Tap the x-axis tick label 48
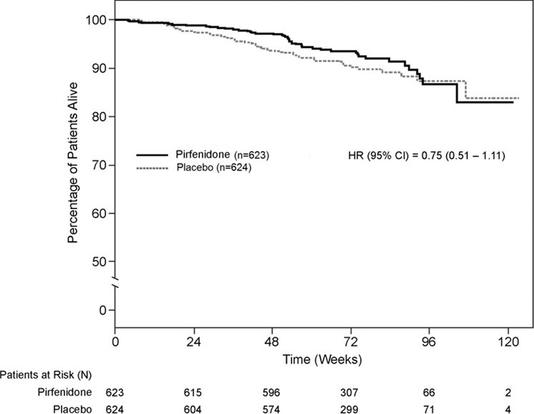click(x=271, y=342)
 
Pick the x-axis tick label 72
click(x=351, y=342)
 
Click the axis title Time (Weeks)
click(x=311, y=357)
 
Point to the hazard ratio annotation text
click(x=426, y=154)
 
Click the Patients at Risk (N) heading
click(x=45, y=373)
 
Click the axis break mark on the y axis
click(x=115, y=285)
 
